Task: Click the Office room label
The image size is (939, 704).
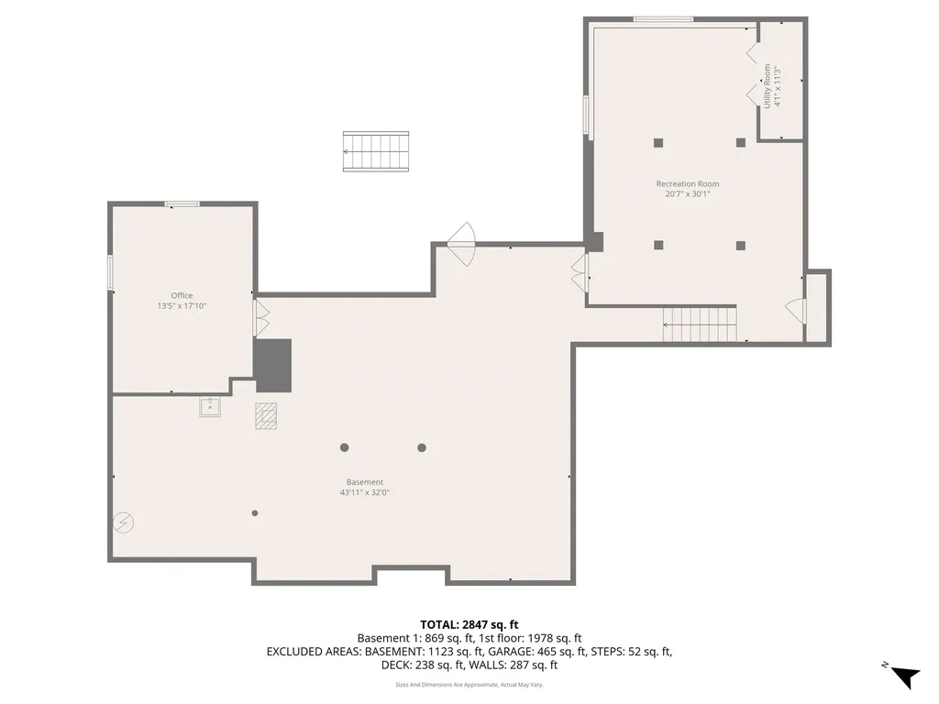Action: tap(182, 295)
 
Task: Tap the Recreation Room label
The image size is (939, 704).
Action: tap(688, 183)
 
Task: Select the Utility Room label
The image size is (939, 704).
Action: tap(768, 86)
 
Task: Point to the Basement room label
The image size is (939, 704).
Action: tap(365, 482)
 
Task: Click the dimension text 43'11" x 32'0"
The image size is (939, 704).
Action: tap(365, 492)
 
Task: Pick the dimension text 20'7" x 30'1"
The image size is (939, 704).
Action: tap(688, 194)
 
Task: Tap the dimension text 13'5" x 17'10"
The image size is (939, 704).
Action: tap(182, 306)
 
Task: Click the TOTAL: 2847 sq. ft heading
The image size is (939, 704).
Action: tap(469, 625)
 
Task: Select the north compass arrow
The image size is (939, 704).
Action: tap(904, 676)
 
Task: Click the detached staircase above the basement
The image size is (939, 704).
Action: tap(375, 151)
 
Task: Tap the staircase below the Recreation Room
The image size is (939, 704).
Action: tap(700, 324)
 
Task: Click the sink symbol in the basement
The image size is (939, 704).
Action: tap(210, 406)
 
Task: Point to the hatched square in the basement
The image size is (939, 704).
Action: tap(266, 416)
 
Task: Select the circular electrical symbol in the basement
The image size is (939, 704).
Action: tap(124, 522)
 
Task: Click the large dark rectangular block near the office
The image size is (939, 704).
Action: tap(273, 366)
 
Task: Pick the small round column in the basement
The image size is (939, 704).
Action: tap(255, 513)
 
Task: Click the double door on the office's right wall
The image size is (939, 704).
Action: tap(261, 317)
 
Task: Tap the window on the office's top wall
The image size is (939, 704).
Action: tap(182, 204)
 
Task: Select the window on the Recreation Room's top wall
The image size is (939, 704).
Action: tap(664, 20)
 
